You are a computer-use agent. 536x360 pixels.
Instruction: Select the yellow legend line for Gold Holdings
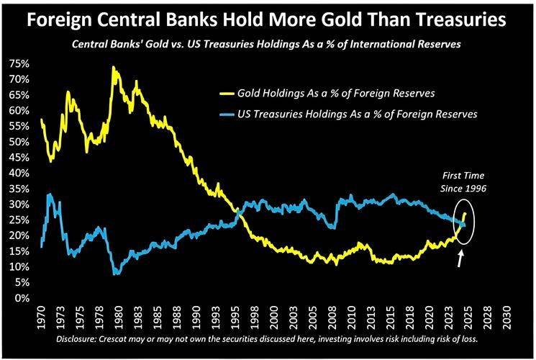click(x=229, y=94)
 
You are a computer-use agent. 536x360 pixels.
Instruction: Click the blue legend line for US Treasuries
click(x=229, y=114)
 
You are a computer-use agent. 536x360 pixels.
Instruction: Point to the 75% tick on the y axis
click(x=19, y=64)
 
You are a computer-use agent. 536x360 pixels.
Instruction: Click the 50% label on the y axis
click(x=19, y=142)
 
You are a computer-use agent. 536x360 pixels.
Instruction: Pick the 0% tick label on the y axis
click(x=22, y=298)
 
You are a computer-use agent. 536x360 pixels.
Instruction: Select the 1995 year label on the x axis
click(x=235, y=315)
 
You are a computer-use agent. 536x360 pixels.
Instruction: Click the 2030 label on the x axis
click(x=508, y=315)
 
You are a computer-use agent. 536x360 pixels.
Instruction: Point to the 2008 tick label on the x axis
click(x=337, y=315)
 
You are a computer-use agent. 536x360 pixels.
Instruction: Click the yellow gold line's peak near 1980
click(x=114, y=67)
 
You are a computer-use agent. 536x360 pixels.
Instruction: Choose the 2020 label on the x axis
click(x=430, y=315)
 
